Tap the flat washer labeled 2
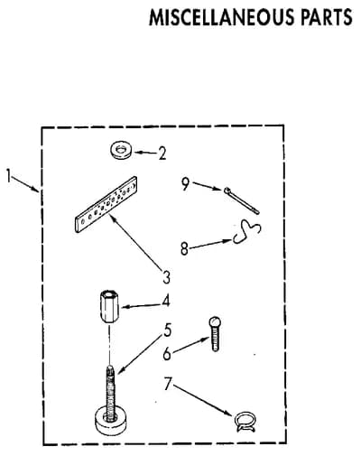(121, 150)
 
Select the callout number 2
(162, 154)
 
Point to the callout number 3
(166, 277)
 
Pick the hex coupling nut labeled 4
(110, 307)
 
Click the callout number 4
(166, 301)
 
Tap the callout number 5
(167, 330)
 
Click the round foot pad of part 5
(111, 423)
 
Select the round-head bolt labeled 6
(215, 334)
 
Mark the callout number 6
(167, 354)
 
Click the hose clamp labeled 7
(245, 421)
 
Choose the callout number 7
(168, 384)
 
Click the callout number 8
(184, 248)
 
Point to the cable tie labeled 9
(241, 200)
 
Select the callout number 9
(186, 184)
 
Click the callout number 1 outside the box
(9, 175)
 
